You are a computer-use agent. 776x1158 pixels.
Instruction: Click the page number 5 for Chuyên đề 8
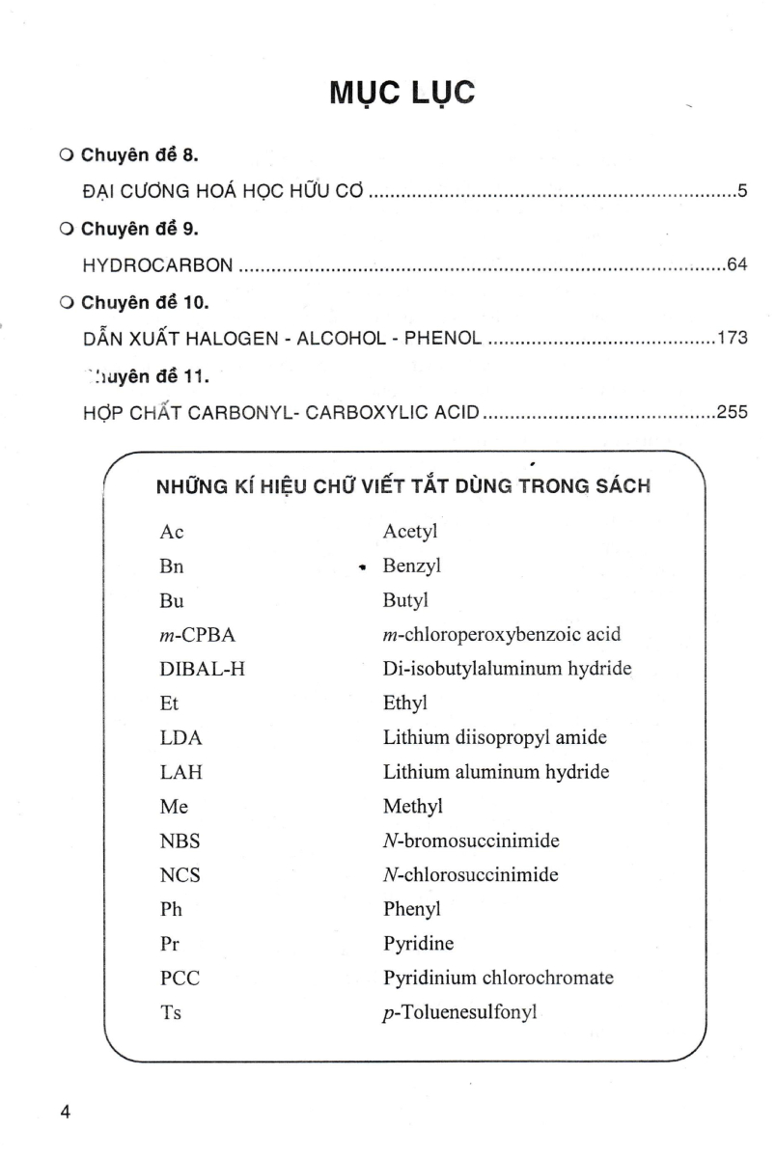[742, 190]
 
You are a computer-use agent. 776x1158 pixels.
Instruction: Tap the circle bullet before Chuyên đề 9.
[66, 229]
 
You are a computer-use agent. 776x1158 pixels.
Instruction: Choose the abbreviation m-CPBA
[197, 634]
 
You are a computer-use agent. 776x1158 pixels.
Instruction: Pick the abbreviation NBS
[180, 841]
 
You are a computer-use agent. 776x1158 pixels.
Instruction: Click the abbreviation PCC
[180, 978]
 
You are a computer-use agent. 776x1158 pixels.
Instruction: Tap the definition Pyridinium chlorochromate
[498, 978]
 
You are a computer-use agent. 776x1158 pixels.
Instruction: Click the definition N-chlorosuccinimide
[471, 874]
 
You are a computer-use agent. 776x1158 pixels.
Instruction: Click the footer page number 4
[66, 1112]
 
